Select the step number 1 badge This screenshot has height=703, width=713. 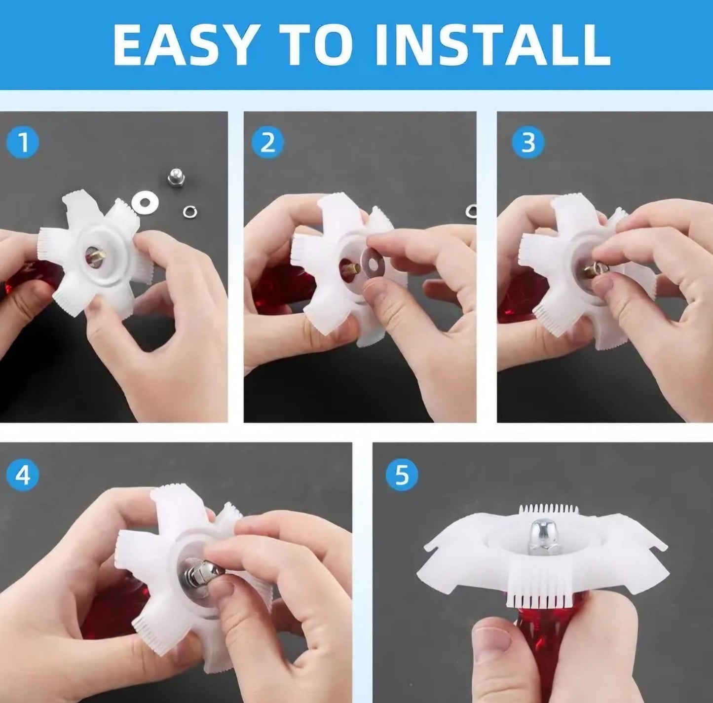coord(23,143)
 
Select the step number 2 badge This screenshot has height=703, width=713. coord(268,143)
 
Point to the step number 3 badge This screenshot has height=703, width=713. coord(528,143)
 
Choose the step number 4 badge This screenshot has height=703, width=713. coord(23,474)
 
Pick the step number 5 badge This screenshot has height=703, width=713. coord(402,474)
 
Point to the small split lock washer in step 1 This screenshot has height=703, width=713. coord(190,212)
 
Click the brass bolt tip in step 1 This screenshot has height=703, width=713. coord(98,255)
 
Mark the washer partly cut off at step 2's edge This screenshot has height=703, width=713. coord(471,211)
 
